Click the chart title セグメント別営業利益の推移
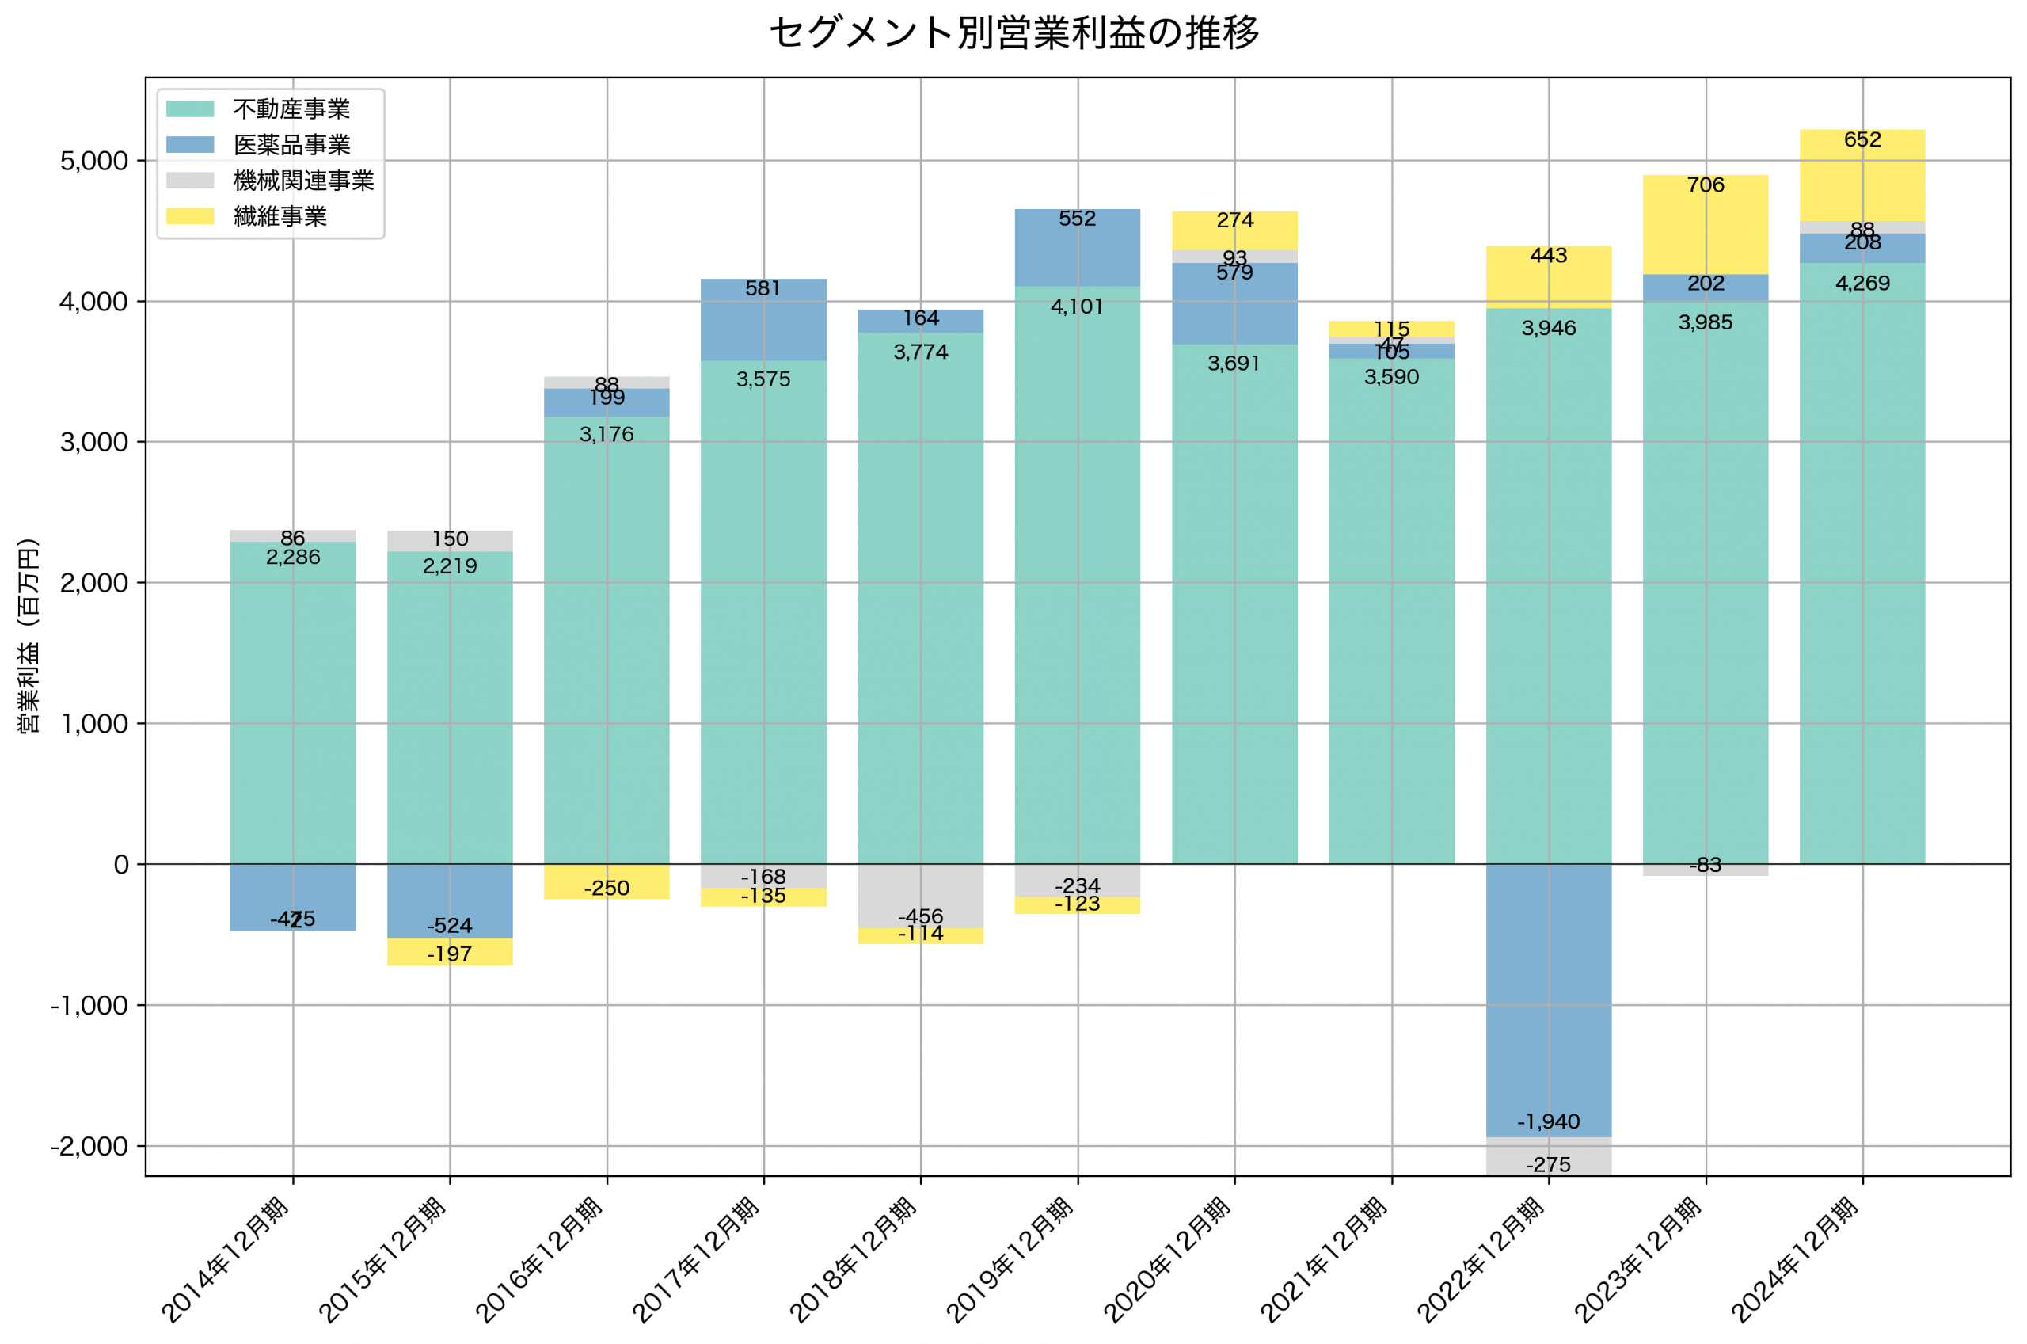click(x=1013, y=33)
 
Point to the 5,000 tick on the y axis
click(x=93, y=161)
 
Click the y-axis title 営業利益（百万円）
click(x=29, y=636)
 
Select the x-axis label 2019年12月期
click(x=1011, y=1260)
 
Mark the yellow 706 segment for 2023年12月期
click(x=1705, y=225)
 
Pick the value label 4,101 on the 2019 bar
click(x=1077, y=306)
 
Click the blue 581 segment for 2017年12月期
click(x=763, y=320)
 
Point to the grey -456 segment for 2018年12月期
click(x=920, y=897)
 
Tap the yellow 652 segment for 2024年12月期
click(x=1862, y=176)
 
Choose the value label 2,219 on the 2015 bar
click(x=450, y=565)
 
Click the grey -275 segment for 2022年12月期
click(x=1548, y=1157)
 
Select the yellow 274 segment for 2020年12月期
click(x=1234, y=230)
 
